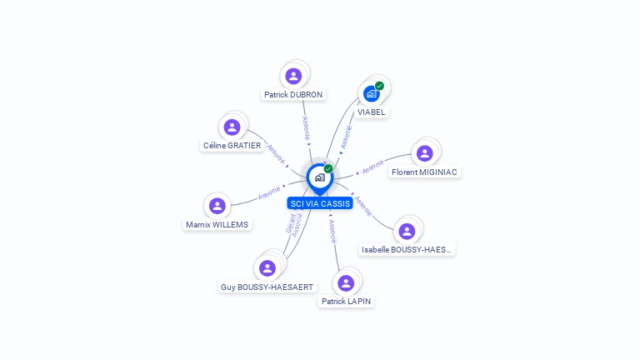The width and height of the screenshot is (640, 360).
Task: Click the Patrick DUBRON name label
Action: pos(293,95)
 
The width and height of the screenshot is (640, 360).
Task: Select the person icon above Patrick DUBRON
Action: pos(293,76)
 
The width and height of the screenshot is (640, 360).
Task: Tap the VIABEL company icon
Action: pos(372,93)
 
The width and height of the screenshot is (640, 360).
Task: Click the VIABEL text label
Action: pos(372,112)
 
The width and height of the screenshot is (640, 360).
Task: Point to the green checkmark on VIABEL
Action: pos(379,86)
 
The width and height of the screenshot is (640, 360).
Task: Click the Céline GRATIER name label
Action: pos(232,146)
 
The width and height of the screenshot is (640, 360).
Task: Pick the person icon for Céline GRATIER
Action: pos(232,127)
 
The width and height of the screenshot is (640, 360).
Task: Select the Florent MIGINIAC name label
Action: pos(425,172)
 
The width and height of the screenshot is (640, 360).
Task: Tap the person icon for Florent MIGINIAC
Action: pos(425,153)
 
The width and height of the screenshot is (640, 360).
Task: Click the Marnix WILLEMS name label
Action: pos(217,224)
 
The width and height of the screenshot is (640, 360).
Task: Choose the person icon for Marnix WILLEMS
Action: pos(217,205)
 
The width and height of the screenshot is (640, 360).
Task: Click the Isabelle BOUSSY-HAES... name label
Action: pos(407,250)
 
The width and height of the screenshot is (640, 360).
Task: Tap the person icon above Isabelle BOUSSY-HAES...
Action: pos(407,231)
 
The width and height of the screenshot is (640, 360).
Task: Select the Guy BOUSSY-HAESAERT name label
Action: pos(267,287)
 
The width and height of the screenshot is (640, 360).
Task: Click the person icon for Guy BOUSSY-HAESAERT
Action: pos(267,267)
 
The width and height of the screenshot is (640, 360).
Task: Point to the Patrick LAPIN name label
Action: pos(347,302)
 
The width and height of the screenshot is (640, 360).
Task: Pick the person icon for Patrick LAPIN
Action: pos(347,282)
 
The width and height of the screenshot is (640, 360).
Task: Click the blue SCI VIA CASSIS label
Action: pos(320,203)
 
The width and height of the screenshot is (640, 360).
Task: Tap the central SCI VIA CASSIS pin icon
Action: pos(320,177)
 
